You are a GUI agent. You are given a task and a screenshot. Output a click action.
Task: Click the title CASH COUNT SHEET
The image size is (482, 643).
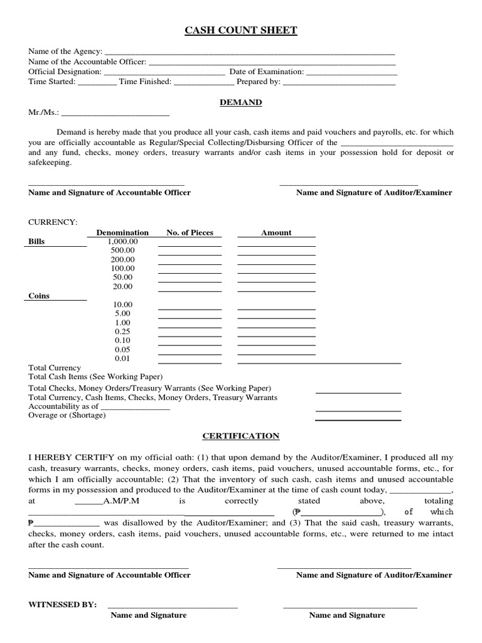click(x=241, y=30)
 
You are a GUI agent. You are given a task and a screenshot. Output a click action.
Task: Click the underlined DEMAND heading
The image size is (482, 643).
click(x=241, y=102)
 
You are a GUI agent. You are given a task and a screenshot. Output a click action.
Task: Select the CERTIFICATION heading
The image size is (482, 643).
click(x=241, y=436)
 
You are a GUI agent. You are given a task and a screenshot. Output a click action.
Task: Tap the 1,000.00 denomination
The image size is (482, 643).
click(x=123, y=241)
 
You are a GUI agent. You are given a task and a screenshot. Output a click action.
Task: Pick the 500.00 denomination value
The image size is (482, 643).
click(x=123, y=251)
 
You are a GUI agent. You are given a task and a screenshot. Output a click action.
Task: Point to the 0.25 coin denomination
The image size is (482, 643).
click(x=123, y=332)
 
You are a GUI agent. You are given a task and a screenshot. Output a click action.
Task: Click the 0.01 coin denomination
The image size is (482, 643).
click(x=123, y=359)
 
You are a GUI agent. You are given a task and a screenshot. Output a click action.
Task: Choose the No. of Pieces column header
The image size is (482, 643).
click(x=190, y=232)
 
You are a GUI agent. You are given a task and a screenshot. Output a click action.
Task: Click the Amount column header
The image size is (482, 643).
click(x=276, y=232)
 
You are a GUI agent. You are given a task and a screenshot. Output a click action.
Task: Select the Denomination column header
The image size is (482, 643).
click(x=122, y=232)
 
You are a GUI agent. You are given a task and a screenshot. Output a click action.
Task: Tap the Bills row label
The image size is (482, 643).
click(x=37, y=241)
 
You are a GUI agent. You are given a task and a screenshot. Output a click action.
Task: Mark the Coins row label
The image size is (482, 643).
click(x=39, y=296)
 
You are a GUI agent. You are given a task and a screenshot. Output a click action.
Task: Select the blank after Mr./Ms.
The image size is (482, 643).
click(x=115, y=113)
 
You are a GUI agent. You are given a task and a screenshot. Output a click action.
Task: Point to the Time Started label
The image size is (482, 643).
click(x=52, y=82)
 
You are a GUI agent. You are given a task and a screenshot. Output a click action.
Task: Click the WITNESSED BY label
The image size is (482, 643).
click(x=63, y=605)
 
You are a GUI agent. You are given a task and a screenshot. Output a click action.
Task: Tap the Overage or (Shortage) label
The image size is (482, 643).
click(x=67, y=416)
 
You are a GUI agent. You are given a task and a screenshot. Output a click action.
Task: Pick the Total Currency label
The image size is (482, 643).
click(x=55, y=368)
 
